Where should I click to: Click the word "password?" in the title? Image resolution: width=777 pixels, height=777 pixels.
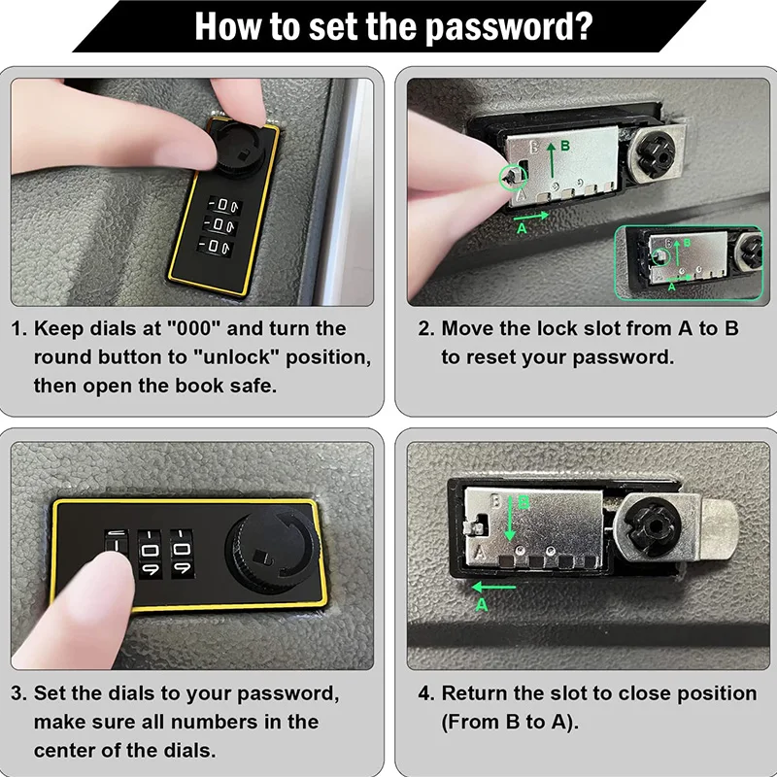coord(509,27)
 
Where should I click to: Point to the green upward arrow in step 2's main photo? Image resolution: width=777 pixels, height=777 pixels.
coord(552,160)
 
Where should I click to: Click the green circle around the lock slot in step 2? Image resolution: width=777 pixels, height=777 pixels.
coord(513,178)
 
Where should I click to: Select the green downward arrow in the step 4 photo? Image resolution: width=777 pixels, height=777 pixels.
coord(509,519)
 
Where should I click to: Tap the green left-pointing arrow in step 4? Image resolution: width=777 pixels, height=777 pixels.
coord(494,588)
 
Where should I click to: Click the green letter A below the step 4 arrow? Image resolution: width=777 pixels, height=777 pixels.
coord(482,604)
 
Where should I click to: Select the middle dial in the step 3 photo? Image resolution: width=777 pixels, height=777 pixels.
coord(150,553)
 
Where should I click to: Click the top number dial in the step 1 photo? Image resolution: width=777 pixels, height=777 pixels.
coord(224,205)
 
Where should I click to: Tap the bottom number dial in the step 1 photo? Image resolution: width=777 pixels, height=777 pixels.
coord(215,246)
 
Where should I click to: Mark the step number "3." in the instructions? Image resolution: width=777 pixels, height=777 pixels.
coord(18,693)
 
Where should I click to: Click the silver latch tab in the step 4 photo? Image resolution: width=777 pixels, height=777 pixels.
coord(718,529)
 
